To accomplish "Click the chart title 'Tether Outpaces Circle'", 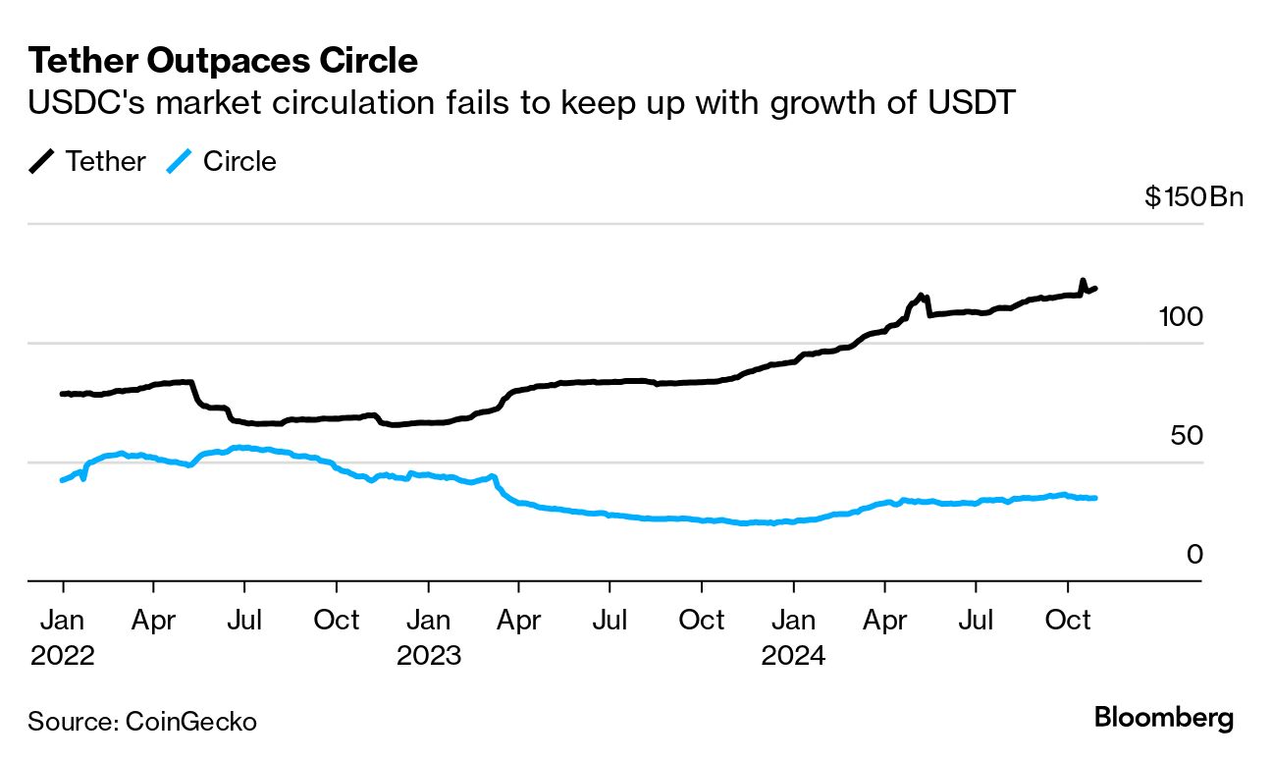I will pyautogui.click(x=223, y=61).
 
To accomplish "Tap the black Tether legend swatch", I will pyautogui.click(x=42, y=161).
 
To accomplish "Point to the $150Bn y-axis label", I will pyautogui.click(x=1193, y=197).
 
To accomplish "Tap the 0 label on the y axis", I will pyautogui.click(x=1194, y=554).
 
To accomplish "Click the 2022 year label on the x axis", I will pyautogui.click(x=63, y=655).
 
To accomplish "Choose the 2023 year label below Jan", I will pyautogui.click(x=428, y=655).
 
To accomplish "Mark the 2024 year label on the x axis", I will pyautogui.click(x=793, y=655).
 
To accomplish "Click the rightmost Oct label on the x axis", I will pyautogui.click(x=1068, y=621).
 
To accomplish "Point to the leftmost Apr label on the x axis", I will pyautogui.click(x=153, y=621).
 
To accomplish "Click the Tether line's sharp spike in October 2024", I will pyautogui.click(x=1083, y=281).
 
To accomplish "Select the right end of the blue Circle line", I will pyautogui.click(x=1095, y=498).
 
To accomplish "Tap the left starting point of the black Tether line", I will pyautogui.click(x=62, y=394).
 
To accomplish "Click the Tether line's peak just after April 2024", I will pyautogui.click(x=921, y=295).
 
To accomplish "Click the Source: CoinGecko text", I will pyautogui.click(x=142, y=722).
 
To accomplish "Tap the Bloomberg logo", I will pyautogui.click(x=1164, y=718).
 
